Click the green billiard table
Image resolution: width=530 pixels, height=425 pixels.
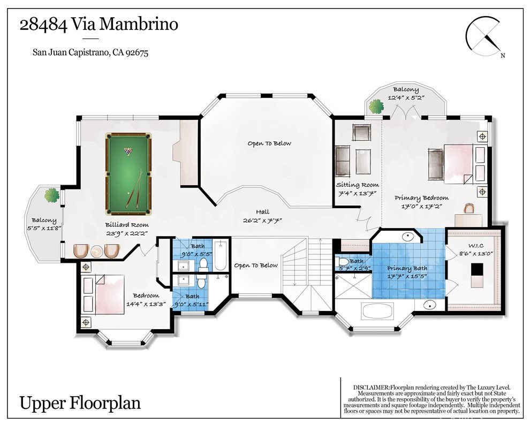pyautogui.click(x=128, y=174)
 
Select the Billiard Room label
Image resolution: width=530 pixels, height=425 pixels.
pyautogui.click(x=127, y=225)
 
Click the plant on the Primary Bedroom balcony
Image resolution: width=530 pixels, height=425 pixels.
pyautogui.click(x=376, y=107)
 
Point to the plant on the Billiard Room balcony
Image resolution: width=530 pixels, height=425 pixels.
pyautogui.click(x=52, y=195)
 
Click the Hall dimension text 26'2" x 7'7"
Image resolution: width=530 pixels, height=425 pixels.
pyautogui.click(x=263, y=221)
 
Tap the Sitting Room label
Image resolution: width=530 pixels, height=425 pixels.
pyautogui.click(x=357, y=185)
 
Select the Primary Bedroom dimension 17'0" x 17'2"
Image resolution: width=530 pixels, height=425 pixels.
pyautogui.click(x=421, y=206)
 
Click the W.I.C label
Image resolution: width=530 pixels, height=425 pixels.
pyautogui.click(x=476, y=245)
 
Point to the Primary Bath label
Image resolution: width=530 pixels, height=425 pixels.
pyautogui.click(x=407, y=269)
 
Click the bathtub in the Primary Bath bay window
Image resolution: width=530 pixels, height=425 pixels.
pyautogui.click(x=377, y=310)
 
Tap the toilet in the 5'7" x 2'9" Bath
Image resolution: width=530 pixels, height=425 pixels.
pyautogui.click(x=343, y=262)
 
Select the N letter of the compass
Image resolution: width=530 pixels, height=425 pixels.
pyautogui.click(x=503, y=56)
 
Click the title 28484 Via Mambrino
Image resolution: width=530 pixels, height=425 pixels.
pyautogui.click(x=99, y=24)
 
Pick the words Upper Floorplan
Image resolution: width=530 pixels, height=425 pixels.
pyautogui.click(x=80, y=403)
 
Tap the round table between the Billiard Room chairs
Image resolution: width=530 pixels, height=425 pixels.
pyautogui.click(x=97, y=251)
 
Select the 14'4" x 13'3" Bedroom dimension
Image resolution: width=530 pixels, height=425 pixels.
pyautogui.click(x=146, y=303)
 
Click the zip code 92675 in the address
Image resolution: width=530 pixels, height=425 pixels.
pyautogui.click(x=137, y=52)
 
